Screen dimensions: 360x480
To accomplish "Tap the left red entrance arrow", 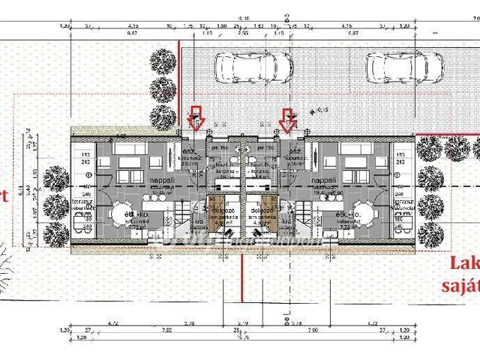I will pyautogui.click(x=196, y=118).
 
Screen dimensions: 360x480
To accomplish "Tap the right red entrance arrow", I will pyautogui.click(x=286, y=118).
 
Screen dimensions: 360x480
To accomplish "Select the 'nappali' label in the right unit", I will pyautogui.click(x=324, y=181).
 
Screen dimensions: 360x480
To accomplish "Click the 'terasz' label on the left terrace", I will pyautogui.click(x=80, y=203).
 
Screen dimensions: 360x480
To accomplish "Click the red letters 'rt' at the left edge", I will pyautogui.click(x=4, y=196).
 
